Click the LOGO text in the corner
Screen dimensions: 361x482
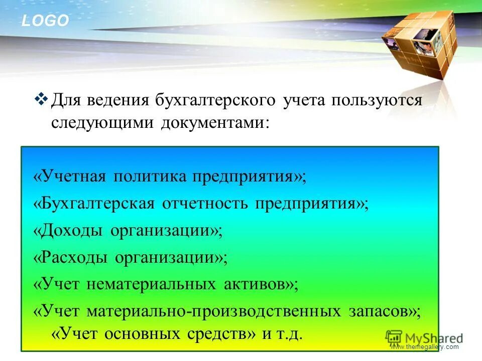coord(45,21)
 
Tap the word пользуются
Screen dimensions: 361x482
coord(376,100)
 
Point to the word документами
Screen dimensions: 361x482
coord(214,123)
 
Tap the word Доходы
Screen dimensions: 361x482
coord(72,231)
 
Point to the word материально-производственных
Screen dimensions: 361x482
coord(213,311)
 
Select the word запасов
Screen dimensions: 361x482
coord(382,311)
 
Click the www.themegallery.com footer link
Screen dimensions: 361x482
coord(424,347)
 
